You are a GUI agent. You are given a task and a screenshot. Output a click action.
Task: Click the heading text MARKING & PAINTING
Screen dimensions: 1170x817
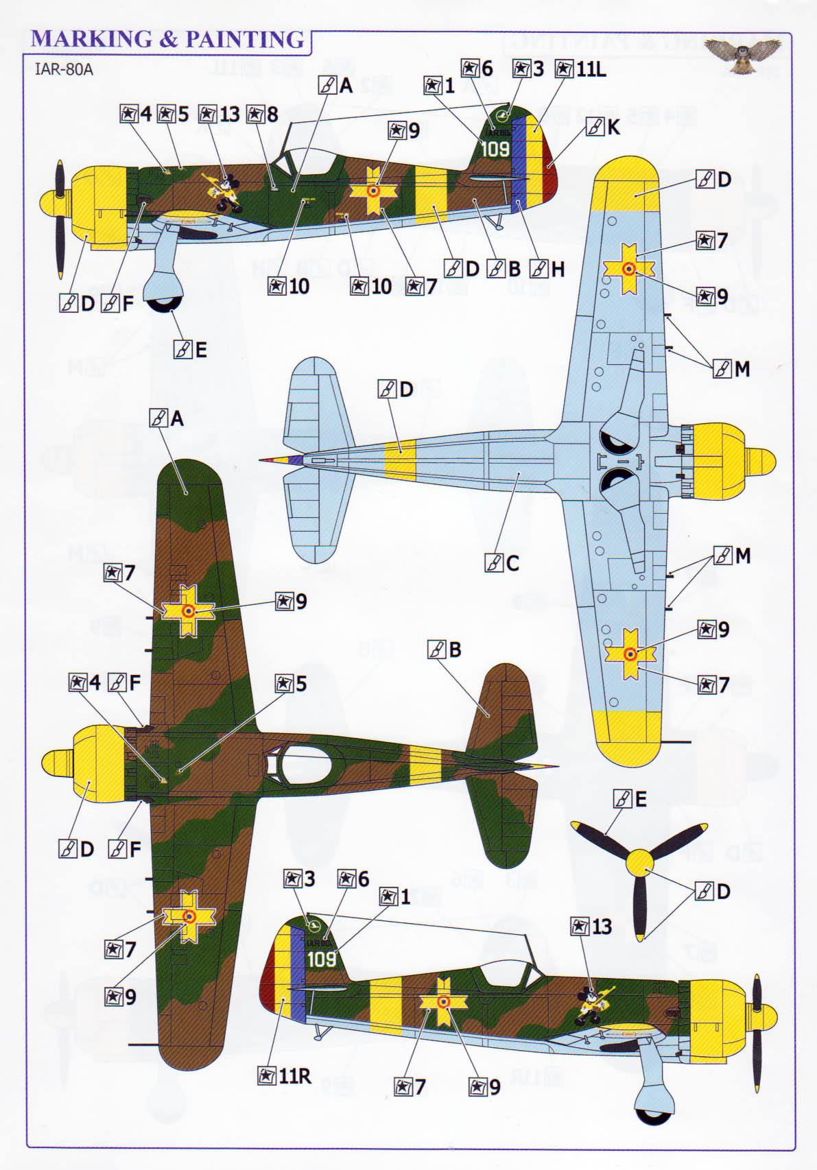pos(167,39)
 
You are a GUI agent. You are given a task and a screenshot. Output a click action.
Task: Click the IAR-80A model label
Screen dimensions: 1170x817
pos(63,69)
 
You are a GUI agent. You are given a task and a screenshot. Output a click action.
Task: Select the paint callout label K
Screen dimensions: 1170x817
pos(604,127)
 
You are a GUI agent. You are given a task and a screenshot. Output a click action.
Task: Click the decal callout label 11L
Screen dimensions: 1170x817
pos(582,69)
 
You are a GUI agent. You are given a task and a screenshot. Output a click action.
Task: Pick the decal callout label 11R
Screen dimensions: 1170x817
pos(285,1075)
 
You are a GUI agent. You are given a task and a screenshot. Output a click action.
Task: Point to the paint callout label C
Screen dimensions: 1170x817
pos(503,563)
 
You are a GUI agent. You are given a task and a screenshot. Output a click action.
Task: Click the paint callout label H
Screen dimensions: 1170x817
pos(548,269)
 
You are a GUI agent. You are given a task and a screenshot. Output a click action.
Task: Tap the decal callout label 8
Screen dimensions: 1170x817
pos(263,114)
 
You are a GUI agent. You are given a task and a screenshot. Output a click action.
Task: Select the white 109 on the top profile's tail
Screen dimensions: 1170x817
pos(495,148)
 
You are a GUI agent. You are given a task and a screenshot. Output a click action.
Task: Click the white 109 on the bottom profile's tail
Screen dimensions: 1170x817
pos(321,959)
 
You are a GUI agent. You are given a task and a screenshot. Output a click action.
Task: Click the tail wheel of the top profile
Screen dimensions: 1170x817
pos(499,224)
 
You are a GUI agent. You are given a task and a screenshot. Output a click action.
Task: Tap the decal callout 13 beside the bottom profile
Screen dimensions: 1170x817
pos(591,927)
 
